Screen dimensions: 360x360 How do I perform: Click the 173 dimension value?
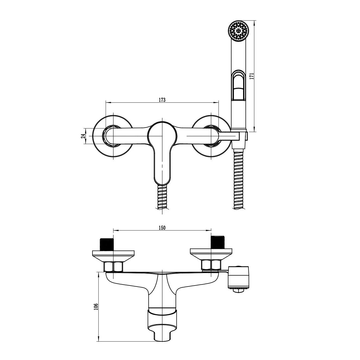click(x=162, y=100)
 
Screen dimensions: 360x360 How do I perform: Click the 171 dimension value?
click(x=252, y=76)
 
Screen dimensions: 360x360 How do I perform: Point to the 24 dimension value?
click(x=83, y=136)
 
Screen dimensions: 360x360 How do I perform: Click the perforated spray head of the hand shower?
click(x=238, y=30)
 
